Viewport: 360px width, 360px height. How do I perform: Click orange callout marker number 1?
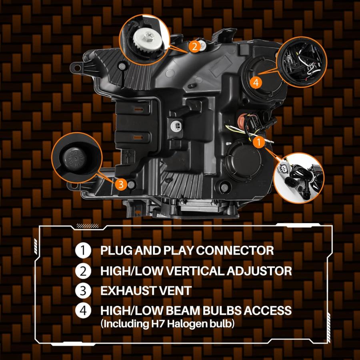pos(259,142)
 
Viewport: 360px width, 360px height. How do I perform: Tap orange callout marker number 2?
pos(194,47)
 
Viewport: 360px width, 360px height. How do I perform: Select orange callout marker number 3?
pos(121,184)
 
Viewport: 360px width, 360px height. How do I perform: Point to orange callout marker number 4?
pos(256,82)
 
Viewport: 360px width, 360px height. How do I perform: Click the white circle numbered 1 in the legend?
pos(83,250)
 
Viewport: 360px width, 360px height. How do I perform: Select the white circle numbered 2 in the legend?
pos(83,271)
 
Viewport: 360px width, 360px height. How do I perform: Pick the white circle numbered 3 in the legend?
pos(83,291)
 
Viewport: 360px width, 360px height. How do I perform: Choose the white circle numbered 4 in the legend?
pos(83,310)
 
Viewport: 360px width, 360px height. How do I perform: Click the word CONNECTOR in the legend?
pos(235,250)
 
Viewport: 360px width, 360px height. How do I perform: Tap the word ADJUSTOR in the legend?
pos(259,271)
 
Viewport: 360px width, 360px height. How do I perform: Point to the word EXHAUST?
pos(126,291)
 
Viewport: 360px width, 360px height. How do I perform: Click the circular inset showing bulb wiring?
pos(302,62)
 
